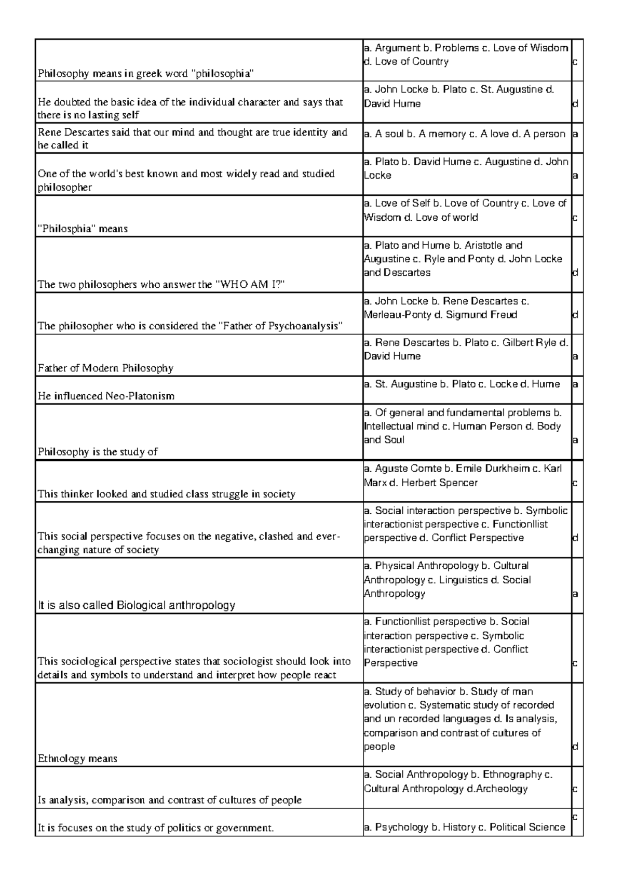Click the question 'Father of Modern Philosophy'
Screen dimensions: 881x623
(105, 368)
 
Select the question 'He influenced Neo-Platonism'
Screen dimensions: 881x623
(106, 396)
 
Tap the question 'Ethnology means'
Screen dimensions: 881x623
(77, 758)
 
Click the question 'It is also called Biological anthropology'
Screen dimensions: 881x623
(137, 605)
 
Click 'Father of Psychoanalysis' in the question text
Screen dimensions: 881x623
(280, 326)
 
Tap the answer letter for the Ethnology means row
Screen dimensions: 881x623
(575, 747)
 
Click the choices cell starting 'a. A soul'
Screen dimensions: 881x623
(465, 134)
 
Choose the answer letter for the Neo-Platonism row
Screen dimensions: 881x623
(575, 384)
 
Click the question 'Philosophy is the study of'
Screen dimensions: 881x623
(98, 452)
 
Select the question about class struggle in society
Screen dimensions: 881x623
(166, 494)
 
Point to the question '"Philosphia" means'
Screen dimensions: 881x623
(83, 229)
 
